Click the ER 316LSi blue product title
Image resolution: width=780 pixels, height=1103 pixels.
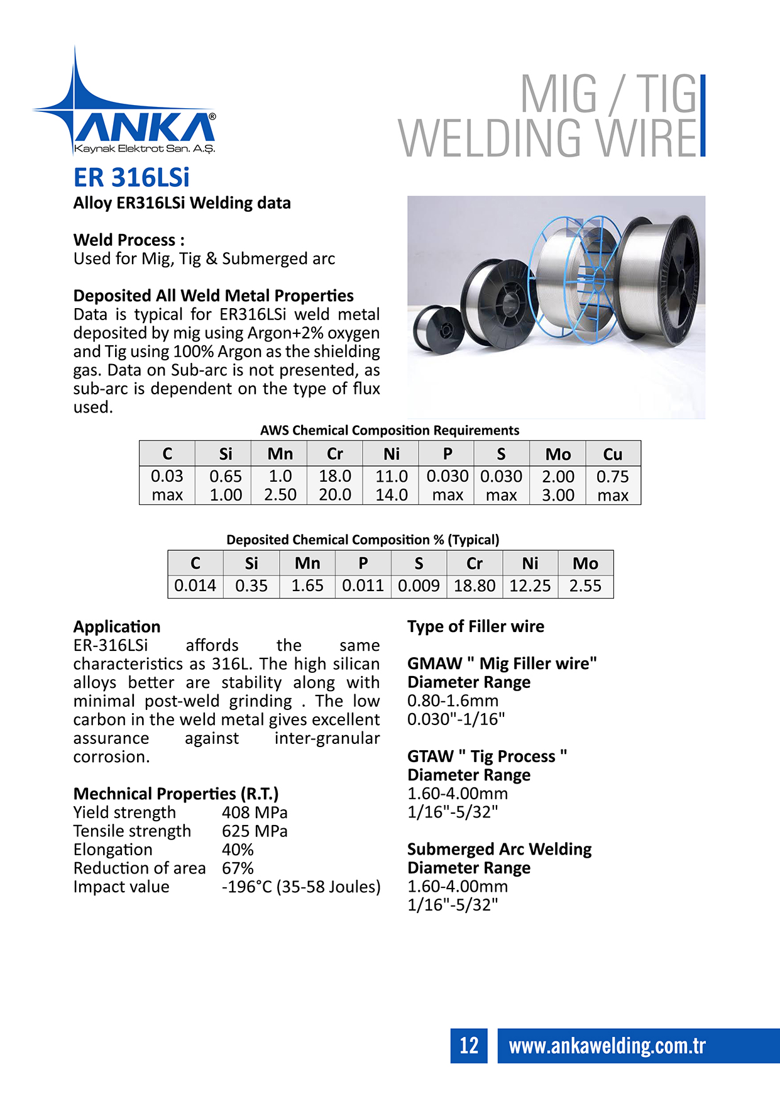click(x=131, y=177)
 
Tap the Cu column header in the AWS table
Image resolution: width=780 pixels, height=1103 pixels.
click(x=612, y=454)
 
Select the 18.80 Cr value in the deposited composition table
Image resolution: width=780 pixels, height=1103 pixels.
click(x=475, y=585)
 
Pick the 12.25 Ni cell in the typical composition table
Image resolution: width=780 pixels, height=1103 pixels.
click(x=530, y=585)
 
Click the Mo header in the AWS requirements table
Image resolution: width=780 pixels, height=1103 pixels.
click(x=558, y=454)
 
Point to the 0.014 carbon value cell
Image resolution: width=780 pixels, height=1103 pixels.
click(x=195, y=585)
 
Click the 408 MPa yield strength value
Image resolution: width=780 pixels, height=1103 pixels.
click(x=255, y=812)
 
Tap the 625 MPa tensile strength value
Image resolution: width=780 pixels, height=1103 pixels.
click(x=255, y=831)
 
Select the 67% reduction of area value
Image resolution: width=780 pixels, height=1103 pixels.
click(x=238, y=868)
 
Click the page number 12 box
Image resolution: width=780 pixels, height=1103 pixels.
click(x=469, y=1045)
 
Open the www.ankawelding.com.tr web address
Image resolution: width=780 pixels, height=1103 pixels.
click(x=607, y=1046)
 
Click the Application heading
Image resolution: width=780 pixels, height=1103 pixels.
click(x=117, y=627)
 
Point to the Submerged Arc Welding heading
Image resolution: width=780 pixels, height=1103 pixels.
click(x=499, y=850)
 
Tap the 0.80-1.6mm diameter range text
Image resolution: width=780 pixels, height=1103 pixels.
click(x=453, y=701)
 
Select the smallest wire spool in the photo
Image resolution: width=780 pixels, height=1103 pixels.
click(x=439, y=328)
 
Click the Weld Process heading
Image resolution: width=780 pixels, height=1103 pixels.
click(x=129, y=240)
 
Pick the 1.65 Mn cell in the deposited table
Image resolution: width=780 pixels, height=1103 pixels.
click(x=307, y=585)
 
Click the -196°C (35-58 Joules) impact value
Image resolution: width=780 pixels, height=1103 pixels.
click(x=301, y=887)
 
